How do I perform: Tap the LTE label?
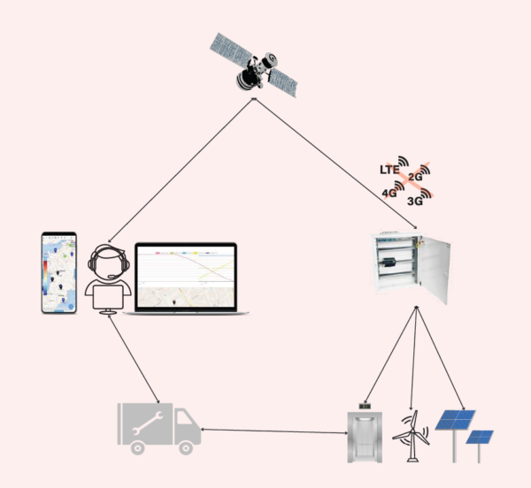point(389,168)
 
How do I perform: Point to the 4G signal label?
point(389,192)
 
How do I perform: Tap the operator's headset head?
point(109,261)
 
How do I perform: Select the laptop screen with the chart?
point(186,276)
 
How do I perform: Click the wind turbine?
point(411,433)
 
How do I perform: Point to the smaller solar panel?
point(481,438)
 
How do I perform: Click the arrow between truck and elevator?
point(274,431)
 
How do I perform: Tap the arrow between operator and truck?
point(133,357)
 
